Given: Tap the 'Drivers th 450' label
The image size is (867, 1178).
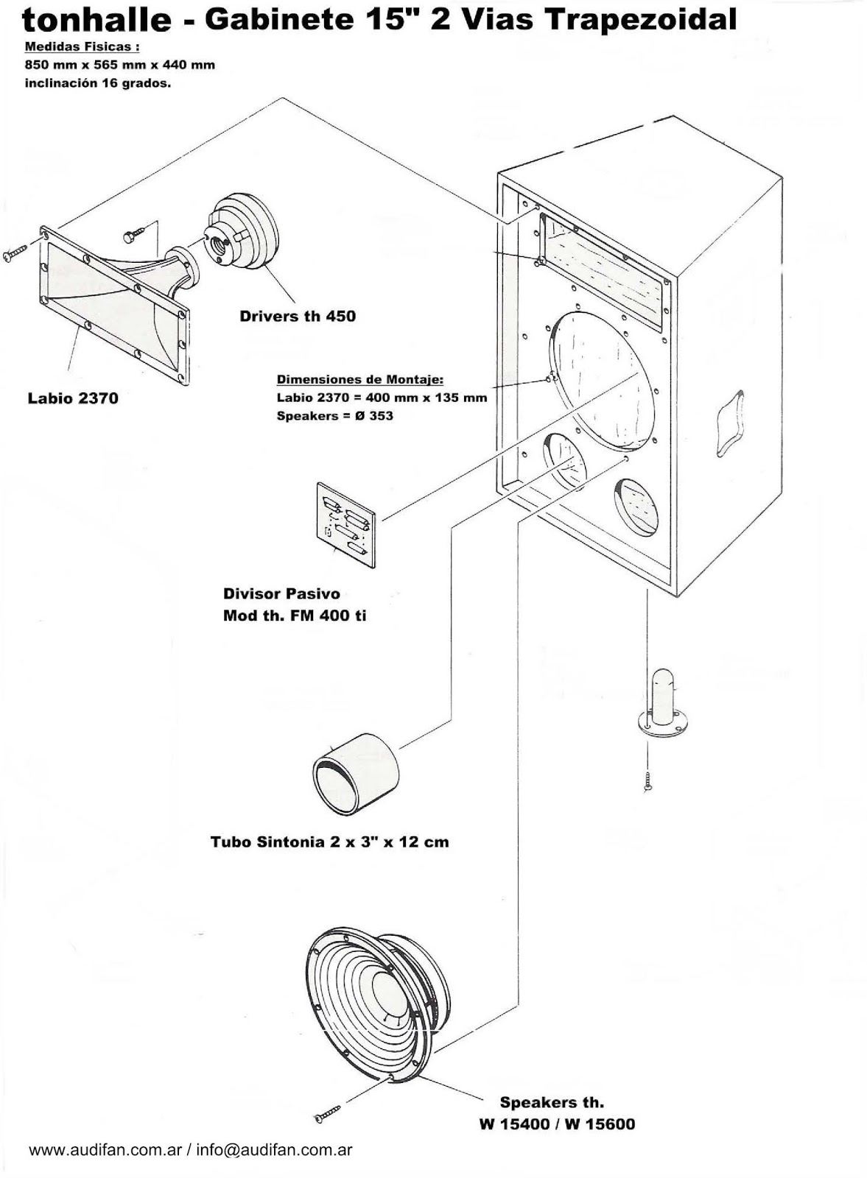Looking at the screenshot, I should [x=297, y=316].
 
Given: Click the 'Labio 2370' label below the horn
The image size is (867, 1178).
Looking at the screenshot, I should [x=73, y=398].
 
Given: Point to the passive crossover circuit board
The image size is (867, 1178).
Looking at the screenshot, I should [x=345, y=524].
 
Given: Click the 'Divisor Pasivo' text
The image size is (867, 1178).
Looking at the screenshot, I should [x=281, y=593].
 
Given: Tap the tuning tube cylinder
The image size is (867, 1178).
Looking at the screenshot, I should [x=356, y=772].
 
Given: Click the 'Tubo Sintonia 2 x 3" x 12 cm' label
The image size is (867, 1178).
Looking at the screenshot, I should [x=329, y=842].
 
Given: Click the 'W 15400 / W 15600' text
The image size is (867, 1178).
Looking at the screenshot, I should [x=556, y=1124].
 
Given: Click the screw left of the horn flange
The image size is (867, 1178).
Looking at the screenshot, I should [x=14, y=253].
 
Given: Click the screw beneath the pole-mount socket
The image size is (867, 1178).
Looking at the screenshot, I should [x=647, y=781].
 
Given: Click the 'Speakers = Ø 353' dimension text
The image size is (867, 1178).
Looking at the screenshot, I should [x=335, y=416].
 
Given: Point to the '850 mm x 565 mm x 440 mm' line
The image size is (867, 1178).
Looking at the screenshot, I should [x=120, y=65].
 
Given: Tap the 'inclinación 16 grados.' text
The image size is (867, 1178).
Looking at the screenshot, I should [x=98, y=83].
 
